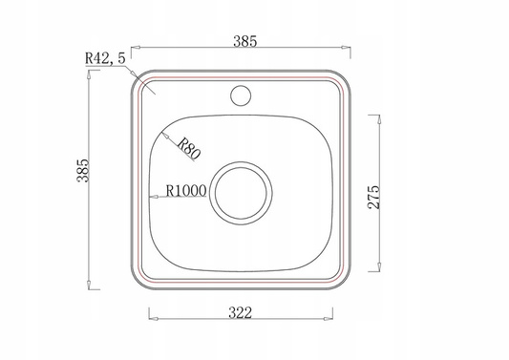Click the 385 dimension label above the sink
(x=245, y=41)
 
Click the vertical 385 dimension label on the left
(x=83, y=170)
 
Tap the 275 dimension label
(x=373, y=197)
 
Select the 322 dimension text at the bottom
(x=241, y=313)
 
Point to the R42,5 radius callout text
(x=105, y=58)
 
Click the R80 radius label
(x=189, y=149)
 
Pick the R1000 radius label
(x=186, y=191)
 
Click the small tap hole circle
(x=241, y=95)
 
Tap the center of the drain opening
(x=241, y=194)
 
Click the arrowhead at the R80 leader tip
(x=165, y=135)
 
